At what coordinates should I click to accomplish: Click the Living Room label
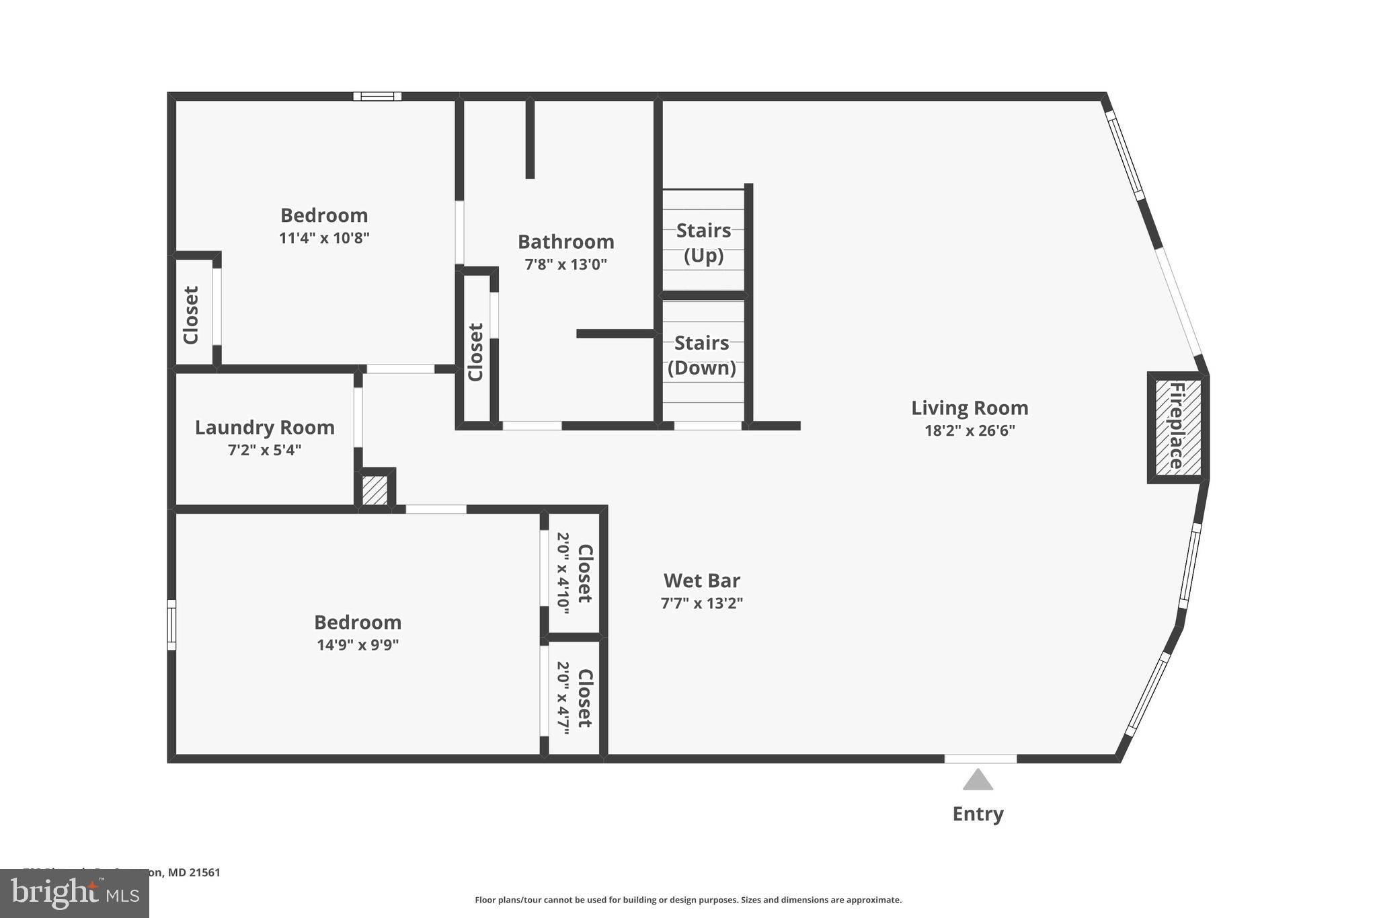pos(969,408)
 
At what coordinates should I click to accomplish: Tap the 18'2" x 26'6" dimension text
pos(969,430)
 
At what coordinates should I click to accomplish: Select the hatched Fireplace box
pos(1177,427)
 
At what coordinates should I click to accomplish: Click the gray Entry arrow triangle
pos(978,780)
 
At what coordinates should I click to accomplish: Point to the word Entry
pos(978,814)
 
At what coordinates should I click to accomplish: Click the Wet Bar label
pos(701,580)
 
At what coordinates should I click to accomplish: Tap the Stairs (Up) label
pos(703,243)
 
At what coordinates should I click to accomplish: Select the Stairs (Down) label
pos(701,355)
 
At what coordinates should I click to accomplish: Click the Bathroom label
pos(565,241)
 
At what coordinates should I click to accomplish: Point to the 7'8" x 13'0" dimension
pos(565,264)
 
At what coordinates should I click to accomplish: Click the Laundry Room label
pos(264,427)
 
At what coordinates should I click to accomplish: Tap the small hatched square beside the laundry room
pos(375,490)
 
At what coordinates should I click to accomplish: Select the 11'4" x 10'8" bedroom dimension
pos(324,238)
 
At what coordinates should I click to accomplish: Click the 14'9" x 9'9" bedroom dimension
pos(358,645)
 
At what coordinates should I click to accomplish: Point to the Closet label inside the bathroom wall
pos(475,352)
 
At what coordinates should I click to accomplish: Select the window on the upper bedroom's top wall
pos(377,96)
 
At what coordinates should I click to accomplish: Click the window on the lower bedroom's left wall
pos(171,625)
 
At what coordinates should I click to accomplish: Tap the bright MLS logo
pos(74,893)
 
